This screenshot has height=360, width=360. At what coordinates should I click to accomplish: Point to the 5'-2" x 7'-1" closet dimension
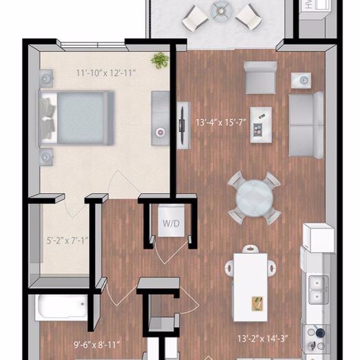click(67, 240)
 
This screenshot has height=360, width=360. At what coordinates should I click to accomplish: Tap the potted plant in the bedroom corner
click(160, 60)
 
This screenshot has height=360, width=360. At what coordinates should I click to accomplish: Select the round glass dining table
click(254, 197)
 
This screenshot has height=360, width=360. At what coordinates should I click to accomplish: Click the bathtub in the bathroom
click(62, 307)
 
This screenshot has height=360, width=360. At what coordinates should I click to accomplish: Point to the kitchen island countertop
click(250, 286)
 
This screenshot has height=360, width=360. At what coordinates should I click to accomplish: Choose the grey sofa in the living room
click(306, 124)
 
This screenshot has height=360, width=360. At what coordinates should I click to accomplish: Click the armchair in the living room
click(260, 77)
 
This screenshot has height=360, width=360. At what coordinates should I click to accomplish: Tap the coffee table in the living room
click(260, 124)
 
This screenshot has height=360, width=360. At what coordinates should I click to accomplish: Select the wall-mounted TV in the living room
click(183, 124)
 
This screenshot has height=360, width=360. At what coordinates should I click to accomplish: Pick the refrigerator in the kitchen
click(318, 237)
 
